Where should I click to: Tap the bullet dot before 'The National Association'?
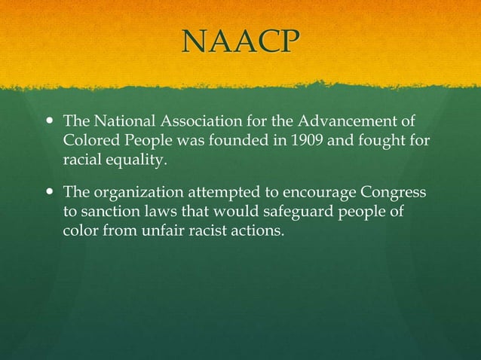pyautogui.click(x=51, y=121)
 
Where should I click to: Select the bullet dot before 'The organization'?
pyautogui.click(x=51, y=192)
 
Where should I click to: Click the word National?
pyautogui.click(x=120, y=121)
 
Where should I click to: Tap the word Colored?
pyautogui.click(x=90, y=139)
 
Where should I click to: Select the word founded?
pyautogui.click(x=250, y=139)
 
